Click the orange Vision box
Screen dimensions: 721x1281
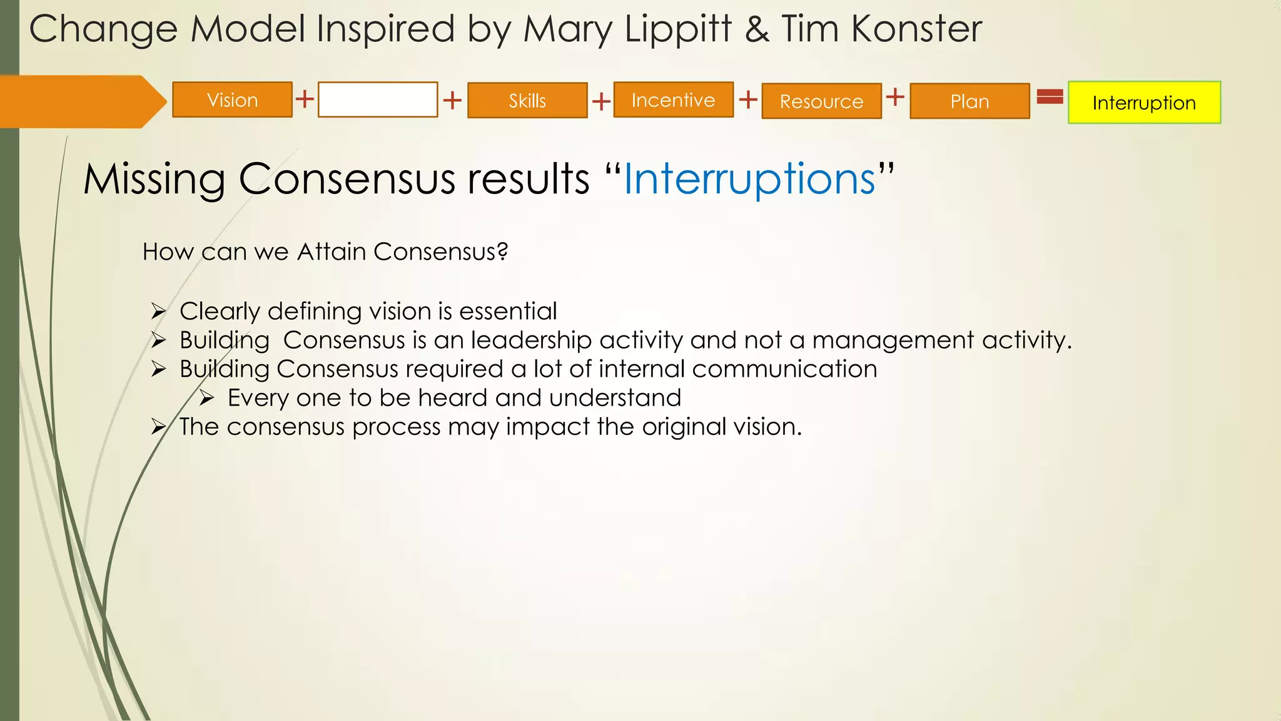point(232,100)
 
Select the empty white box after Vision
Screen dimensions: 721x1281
point(377,100)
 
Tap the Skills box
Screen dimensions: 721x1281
point(527,101)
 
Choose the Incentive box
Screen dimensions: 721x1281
point(673,100)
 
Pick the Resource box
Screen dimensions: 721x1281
point(821,101)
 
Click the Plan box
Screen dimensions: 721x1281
point(970,101)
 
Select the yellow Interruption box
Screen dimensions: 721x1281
point(1144,103)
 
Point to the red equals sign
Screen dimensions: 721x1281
point(1050,96)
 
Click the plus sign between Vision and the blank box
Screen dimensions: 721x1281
point(305,99)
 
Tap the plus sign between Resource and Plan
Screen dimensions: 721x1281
point(895,96)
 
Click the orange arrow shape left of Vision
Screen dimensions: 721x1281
point(81,101)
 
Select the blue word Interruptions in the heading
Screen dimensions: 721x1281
point(749,179)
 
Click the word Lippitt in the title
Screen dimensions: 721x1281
point(678,29)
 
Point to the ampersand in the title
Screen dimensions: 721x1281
point(757,29)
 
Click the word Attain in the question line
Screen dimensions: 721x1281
point(332,252)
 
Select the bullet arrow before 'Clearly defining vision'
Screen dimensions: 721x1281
point(158,311)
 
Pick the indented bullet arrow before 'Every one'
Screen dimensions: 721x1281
point(206,398)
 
